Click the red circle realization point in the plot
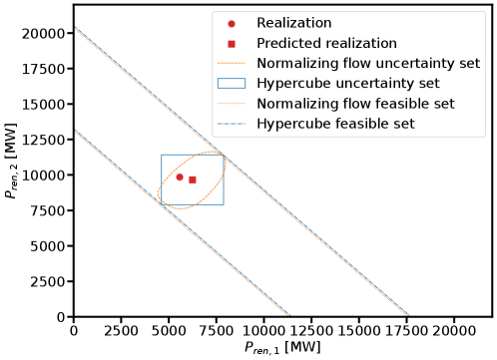coord(180,177)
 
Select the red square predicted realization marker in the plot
coord(193,180)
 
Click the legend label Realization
coord(294,22)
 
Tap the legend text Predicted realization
coord(326,43)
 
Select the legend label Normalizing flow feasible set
coord(354,104)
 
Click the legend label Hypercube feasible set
coord(335,124)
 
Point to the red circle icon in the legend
coord(232,22)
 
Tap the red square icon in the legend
coord(232,43)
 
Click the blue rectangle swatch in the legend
coord(232,84)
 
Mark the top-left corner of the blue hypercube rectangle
coord(162,155)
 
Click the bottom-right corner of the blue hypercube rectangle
coord(224,204)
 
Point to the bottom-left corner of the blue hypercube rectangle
coord(162,204)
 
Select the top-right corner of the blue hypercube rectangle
coord(224,155)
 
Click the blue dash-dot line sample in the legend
coord(232,124)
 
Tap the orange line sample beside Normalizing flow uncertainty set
coord(232,64)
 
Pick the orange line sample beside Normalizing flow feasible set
coord(232,104)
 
